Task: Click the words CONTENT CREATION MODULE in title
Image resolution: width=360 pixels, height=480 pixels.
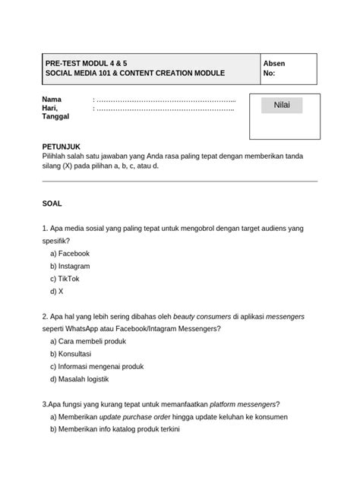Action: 169,74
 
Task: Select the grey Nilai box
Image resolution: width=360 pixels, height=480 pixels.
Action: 282,105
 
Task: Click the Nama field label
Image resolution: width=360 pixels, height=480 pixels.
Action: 52,99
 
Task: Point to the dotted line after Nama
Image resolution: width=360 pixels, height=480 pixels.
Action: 164,99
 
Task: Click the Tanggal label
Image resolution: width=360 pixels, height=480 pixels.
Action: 55,117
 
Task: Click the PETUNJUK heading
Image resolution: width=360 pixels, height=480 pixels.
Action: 61,146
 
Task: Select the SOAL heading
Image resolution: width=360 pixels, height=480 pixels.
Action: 52,204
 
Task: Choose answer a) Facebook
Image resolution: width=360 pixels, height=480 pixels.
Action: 70,253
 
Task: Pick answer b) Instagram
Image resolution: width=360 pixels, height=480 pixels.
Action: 71,266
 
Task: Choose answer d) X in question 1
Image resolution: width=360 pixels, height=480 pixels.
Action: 57,291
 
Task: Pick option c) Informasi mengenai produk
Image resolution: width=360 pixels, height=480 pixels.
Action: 96,366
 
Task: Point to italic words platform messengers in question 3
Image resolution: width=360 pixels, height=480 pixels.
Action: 242,403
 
